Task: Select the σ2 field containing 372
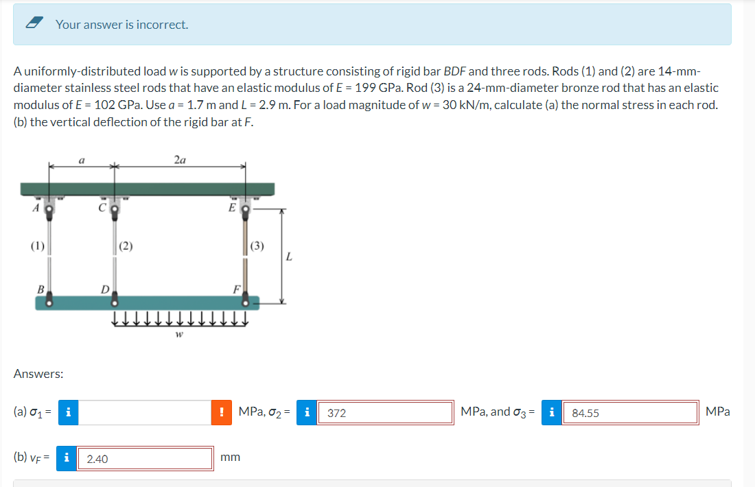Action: (x=384, y=413)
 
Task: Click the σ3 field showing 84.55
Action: (x=629, y=413)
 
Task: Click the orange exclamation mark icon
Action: (x=221, y=412)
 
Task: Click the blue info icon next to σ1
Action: (x=69, y=412)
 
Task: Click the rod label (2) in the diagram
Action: (x=126, y=246)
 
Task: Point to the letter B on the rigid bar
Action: (x=40, y=290)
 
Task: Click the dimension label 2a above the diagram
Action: (x=180, y=160)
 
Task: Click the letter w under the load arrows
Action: (x=178, y=335)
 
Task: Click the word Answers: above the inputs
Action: (x=38, y=374)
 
